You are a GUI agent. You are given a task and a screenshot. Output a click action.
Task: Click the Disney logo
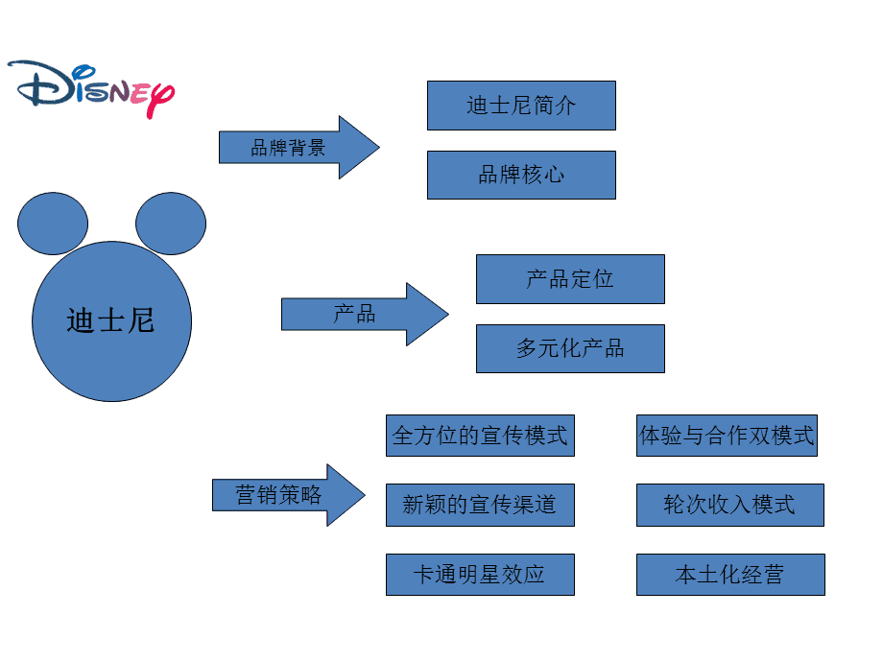[x=91, y=87]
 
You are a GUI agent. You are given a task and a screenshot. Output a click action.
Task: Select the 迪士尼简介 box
[x=521, y=106]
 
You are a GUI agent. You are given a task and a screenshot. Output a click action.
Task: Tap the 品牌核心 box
[x=521, y=175]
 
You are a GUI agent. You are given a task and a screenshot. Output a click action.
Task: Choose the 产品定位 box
[x=570, y=279]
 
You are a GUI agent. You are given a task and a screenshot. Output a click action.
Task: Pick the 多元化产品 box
[x=570, y=348]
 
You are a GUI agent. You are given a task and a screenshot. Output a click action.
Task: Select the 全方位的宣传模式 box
[x=480, y=436]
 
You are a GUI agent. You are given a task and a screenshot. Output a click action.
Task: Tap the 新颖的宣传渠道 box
[x=480, y=505]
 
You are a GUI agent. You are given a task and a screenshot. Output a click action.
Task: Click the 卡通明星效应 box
[x=480, y=575]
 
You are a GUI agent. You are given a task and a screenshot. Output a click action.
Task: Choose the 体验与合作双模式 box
[x=727, y=436]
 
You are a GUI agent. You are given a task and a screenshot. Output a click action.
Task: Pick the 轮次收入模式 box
[x=729, y=505]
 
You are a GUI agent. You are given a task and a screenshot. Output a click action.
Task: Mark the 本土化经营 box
[x=729, y=575]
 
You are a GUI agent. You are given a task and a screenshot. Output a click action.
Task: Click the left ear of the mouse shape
[x=53, y=224]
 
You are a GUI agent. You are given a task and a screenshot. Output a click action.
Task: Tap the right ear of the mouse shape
[x=171, y=224]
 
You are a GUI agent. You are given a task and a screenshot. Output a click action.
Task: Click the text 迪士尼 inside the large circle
[x=110, y=320]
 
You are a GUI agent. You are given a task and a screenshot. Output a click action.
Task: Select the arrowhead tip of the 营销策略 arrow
[x=363, y=495]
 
